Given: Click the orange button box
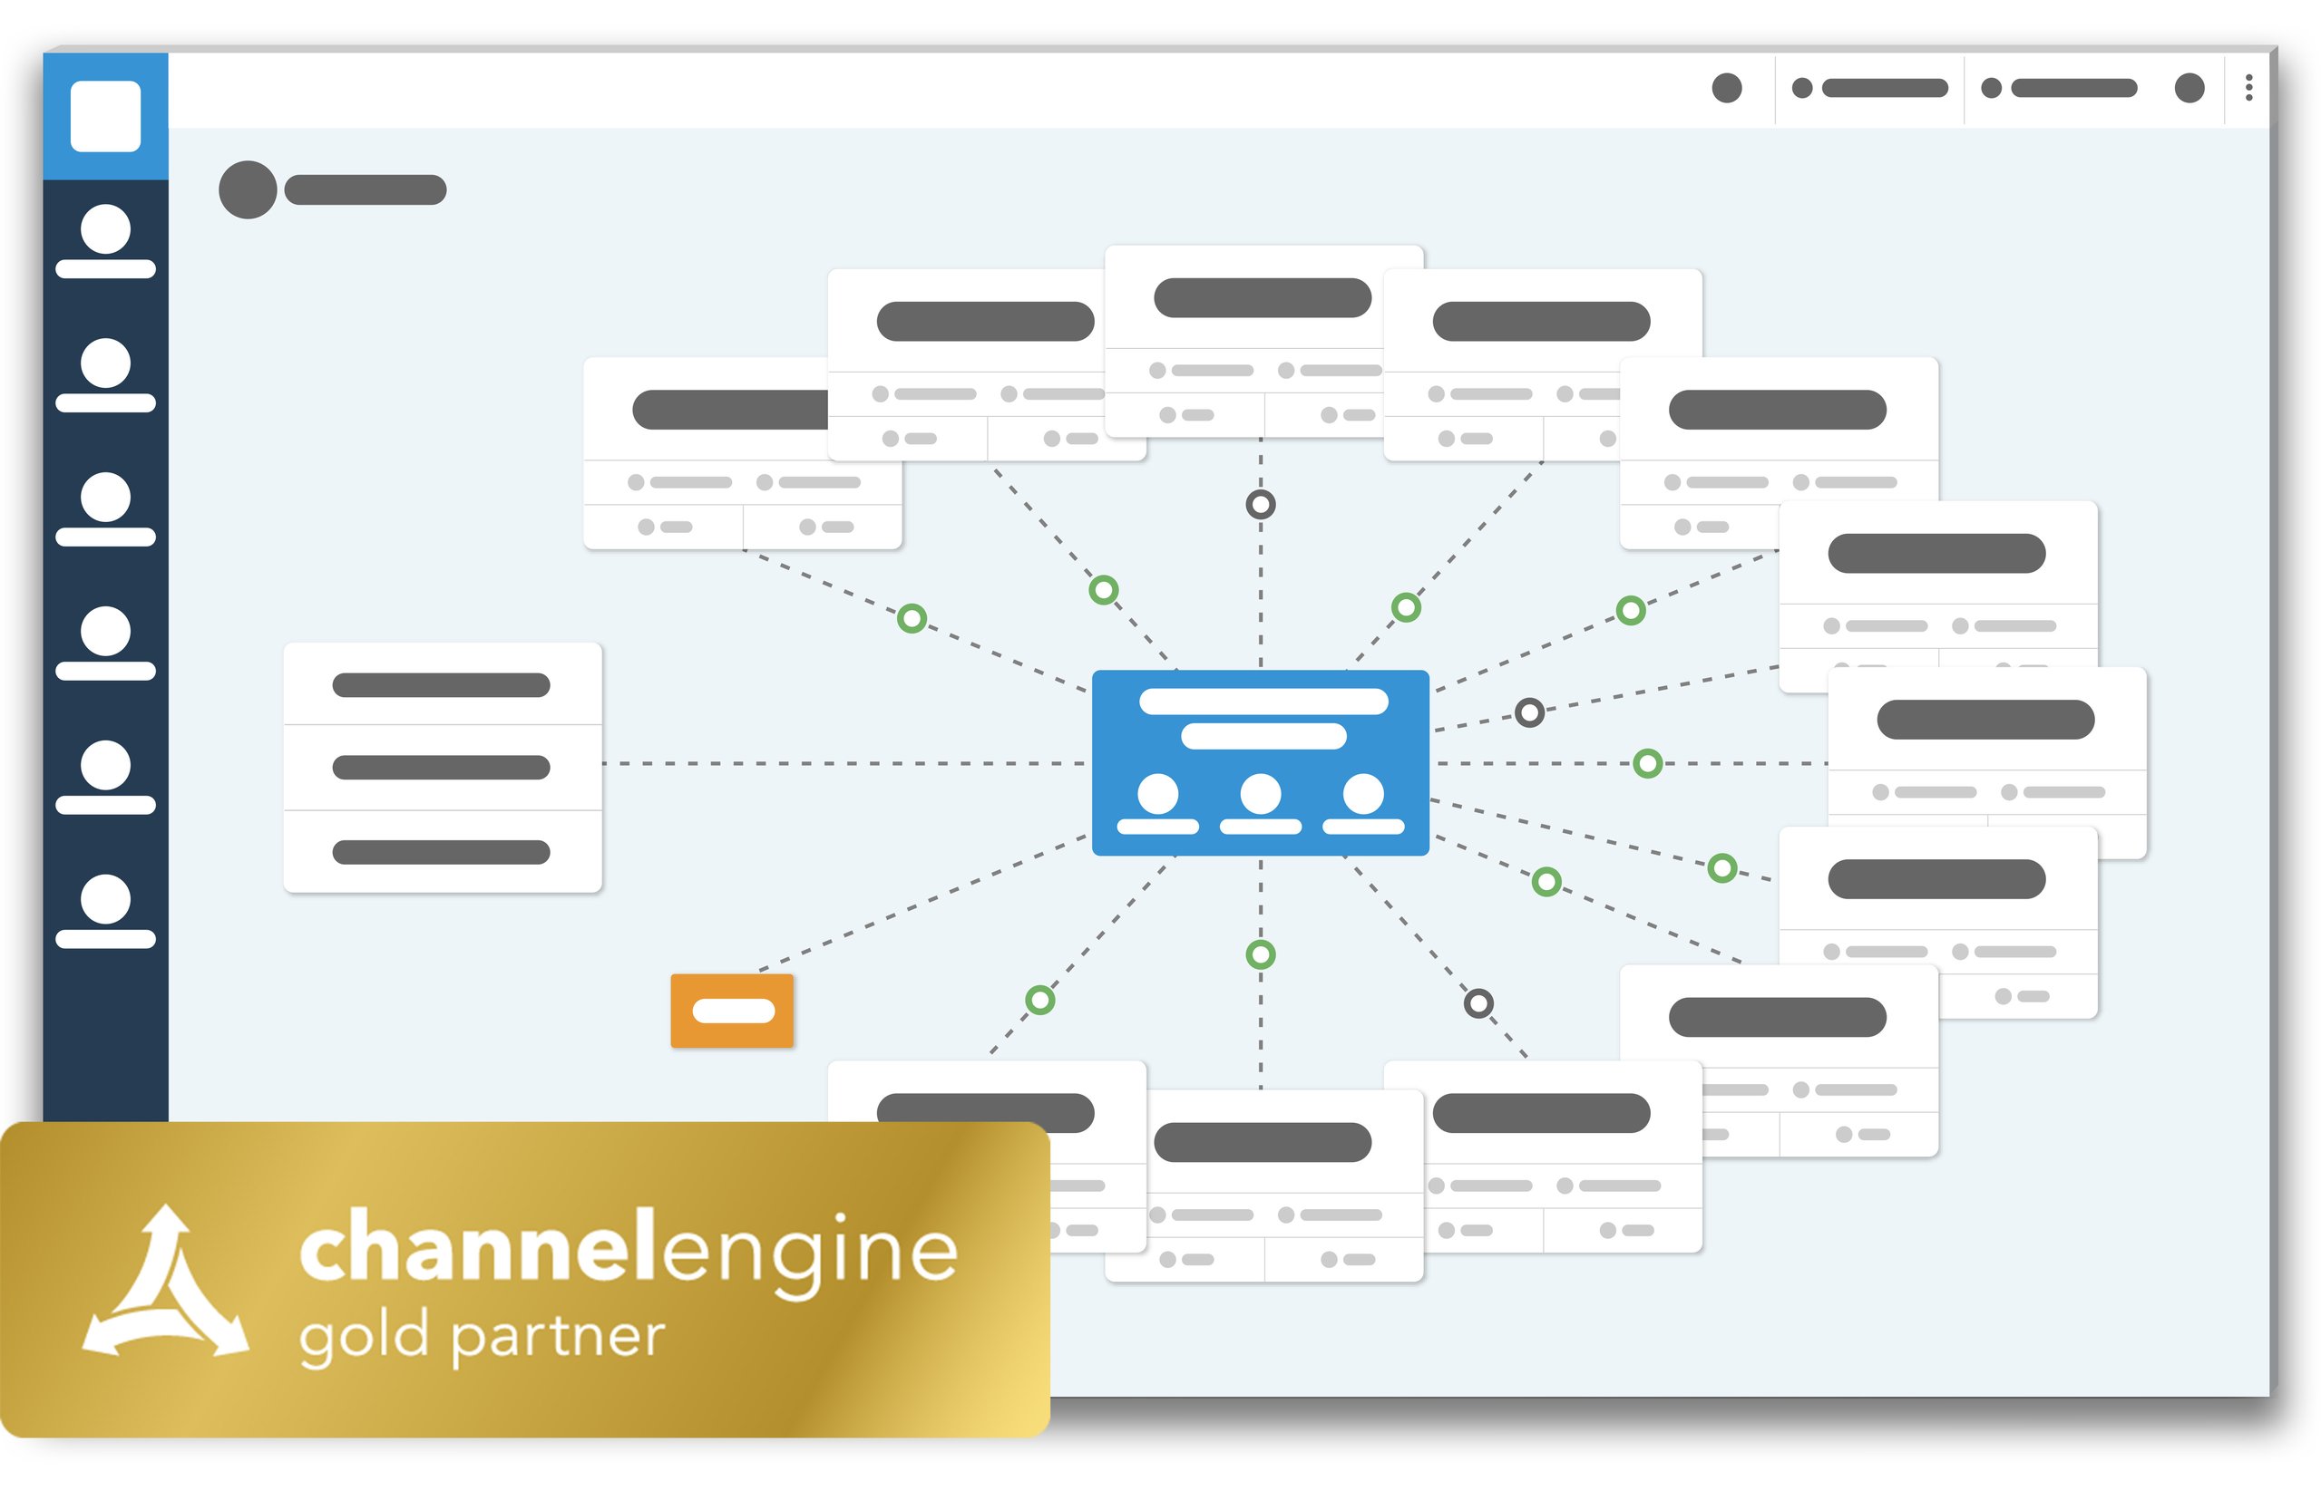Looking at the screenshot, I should pos(731,1011).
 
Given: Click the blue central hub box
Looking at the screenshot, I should pos(1260,762).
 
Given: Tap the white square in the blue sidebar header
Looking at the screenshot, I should pos(105,116).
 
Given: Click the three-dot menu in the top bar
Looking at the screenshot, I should pos(2248,88).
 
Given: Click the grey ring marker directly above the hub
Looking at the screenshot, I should pos(1260,504).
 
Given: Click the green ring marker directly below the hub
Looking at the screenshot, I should pos(1260,954).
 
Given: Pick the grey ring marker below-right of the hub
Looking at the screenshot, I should pos(1478,1003).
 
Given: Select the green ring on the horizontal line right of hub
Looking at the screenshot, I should pos(1647,763).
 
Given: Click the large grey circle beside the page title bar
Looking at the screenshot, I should pos(248,189).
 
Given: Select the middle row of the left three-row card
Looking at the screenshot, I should pos(442,767).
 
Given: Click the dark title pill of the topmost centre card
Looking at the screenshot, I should pos(1262,297).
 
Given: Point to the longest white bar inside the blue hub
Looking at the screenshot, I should pos(1263,702).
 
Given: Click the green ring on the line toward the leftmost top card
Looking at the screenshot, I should pos(912,618).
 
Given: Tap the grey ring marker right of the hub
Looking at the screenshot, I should pos(1529,712).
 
